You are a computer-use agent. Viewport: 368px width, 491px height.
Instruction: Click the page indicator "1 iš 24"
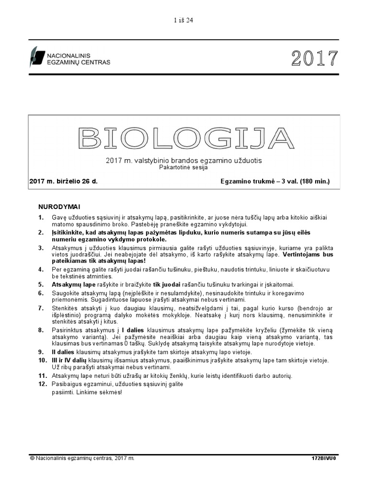184,20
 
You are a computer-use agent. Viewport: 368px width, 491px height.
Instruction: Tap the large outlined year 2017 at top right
314,58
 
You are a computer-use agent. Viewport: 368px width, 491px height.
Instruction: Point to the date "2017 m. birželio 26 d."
66,181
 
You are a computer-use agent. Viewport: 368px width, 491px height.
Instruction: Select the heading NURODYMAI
59,207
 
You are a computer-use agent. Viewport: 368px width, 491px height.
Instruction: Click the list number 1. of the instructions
41,218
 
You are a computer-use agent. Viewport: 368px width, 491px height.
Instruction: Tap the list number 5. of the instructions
41,284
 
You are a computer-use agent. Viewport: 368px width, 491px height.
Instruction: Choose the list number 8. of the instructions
41,330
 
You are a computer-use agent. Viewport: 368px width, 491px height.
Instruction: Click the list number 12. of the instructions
43,384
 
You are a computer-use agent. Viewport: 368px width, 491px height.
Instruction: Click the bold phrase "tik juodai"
169,284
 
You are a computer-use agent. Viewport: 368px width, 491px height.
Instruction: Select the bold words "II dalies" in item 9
65,352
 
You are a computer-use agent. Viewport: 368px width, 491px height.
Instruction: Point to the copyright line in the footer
82,458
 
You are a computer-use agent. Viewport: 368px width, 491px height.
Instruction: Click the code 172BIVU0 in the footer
324,459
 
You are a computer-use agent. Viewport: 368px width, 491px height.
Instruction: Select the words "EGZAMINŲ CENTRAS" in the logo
78,62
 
